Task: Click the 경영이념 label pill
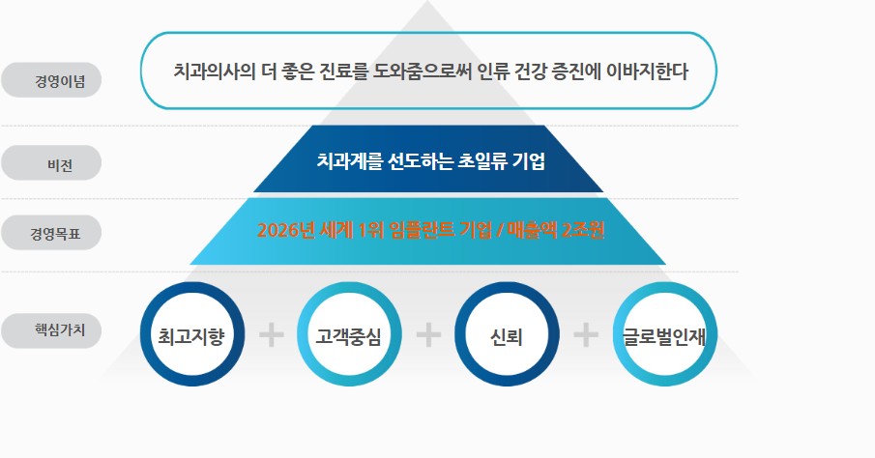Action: point(52,80)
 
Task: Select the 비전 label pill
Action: point(52,163)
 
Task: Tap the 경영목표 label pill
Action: point(52,232)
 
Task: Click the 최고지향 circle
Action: point(191,335)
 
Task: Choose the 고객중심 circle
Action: point(348,335)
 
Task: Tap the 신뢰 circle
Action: point(507,335)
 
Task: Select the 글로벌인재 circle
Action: point(663,335)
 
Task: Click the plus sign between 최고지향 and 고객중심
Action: point(272,335)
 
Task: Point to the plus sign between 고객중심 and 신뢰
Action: point(428,335)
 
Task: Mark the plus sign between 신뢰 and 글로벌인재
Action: point(586,335)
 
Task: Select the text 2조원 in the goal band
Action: point(580,231)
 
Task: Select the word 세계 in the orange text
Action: point(337,231)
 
